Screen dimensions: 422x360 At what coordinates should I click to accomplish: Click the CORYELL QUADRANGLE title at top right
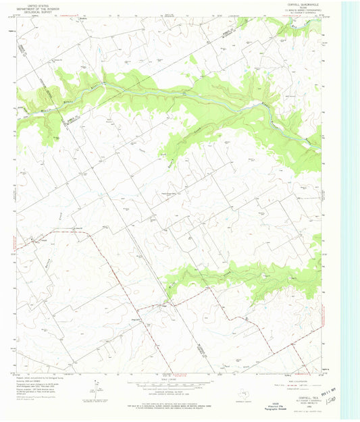click(x=295, y=5)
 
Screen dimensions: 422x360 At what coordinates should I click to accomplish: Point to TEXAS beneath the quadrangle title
click(x=295, y=8)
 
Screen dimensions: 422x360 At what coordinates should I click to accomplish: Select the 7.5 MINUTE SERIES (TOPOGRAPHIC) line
click(x=295, y=11)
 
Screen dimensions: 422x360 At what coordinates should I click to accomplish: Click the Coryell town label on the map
click(x=40, y=238)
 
